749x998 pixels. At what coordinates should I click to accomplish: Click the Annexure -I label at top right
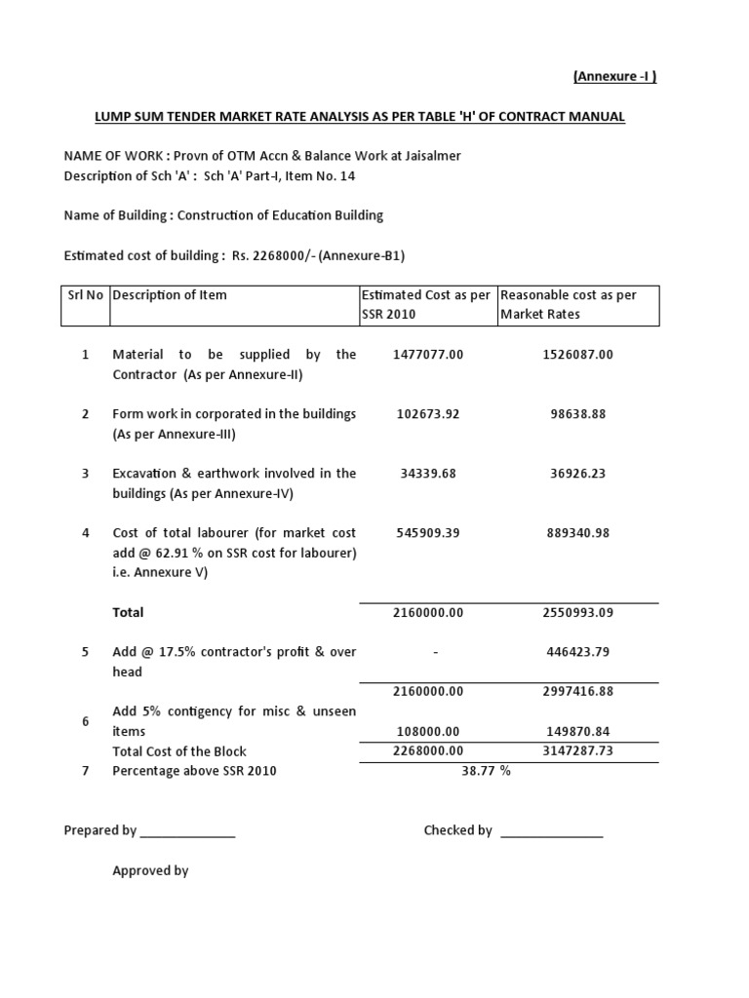pos(613,77)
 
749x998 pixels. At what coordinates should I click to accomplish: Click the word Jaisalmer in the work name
pos(428,156)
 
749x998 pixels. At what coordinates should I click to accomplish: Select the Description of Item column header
pos(170,295)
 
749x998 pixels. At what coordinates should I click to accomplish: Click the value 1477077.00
pos(428,355)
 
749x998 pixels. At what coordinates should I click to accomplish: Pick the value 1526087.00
pos(577,355)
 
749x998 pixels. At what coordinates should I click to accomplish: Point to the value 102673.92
pos(428,414)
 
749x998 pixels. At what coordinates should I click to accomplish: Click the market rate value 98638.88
pos(577,414)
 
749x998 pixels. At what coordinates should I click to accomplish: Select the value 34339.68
pos(428,474)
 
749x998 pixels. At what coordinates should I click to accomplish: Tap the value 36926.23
pos(577,474)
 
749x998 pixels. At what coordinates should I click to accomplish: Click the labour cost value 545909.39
pos(428,533)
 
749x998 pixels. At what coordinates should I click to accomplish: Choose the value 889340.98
pos(577,533)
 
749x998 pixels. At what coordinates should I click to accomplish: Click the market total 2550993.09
pos(577,613)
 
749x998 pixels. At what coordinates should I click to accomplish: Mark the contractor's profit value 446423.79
pos(577,652)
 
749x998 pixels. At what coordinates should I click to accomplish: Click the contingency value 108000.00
pos(428,732)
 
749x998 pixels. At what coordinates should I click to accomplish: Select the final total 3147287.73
pos(577,751)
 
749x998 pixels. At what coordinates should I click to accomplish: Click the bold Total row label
pos(128,613)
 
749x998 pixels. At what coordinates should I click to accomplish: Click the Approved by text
pos(150,871)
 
